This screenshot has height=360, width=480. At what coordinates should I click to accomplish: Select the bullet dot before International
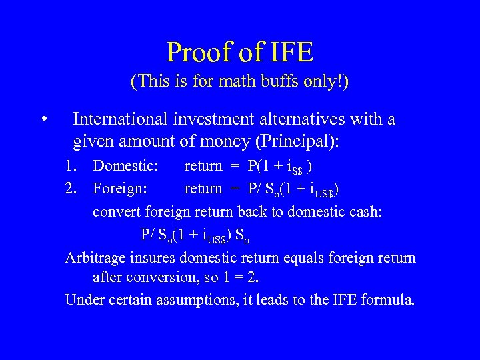(x=43, y=120)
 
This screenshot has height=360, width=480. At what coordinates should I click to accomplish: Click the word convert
(x=115, y=211)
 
